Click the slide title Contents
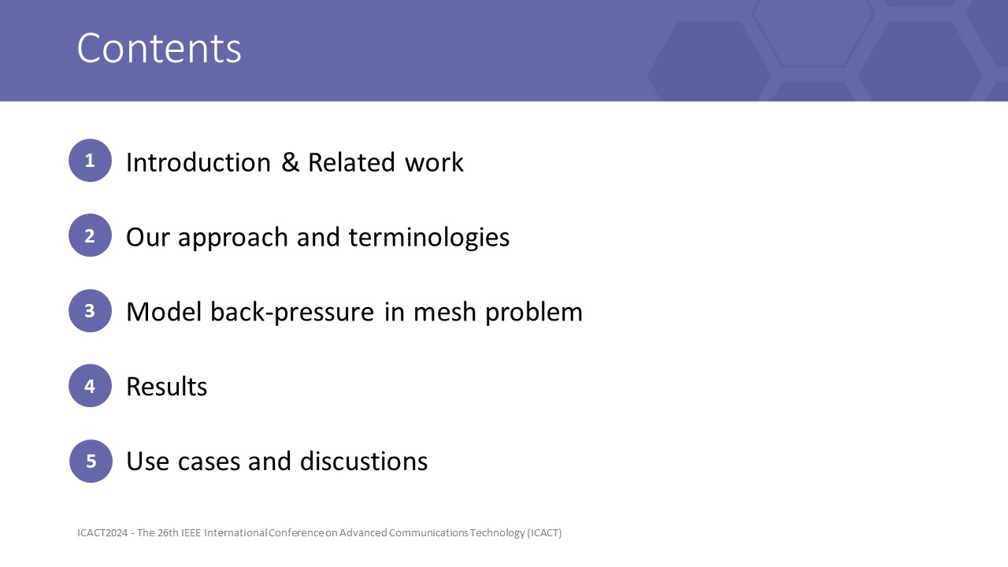(x=159, y=48)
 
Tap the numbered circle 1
(x=90, y=160)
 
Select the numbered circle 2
(x=90, y=235)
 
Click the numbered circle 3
(x=90, y=310)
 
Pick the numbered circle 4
(x=90, y=386)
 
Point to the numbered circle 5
(x=91, y=461)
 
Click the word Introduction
(x=198, y=162)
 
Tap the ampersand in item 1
(x=291, y=162)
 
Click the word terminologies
(x=429, y=238)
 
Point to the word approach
(x=233, y=239)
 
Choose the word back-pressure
(x=292, y=313)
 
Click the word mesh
(x=445, y=312)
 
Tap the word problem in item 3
(x=534, y=313)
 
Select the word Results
(x=167, y=387)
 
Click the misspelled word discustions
(x=364, y=461)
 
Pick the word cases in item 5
(x=209, y=462)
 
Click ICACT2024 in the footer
(x=102, y=533)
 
